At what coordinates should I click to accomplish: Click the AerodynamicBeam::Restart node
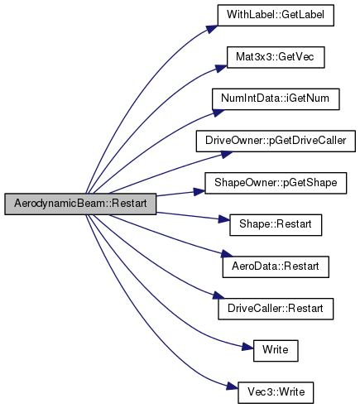pyautogui.click(x=80, y=204)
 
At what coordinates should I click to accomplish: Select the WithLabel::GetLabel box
pyautogui.click(x=276, y=15)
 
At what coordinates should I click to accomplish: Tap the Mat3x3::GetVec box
pyautogui.click(x=276, y=57)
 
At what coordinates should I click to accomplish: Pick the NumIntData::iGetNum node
pyautogui.click(x=276, y=99)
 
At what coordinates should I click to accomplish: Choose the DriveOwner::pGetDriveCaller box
pyautogui.click(x=276, y=141)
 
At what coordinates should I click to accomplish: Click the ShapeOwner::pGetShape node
pyautogui.click(x=276, y=183)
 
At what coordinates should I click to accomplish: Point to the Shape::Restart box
pyautogui.click(x=276, y=225)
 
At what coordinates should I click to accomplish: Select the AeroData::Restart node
pyautogui.click(x=276, y=267)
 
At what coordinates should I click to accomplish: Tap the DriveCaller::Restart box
pyautogui.click(x=276, y=309)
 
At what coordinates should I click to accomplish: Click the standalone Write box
pyautogui.click(x=276, y=351)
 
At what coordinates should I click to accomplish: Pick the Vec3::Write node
pyautogui.click(x=276, y=392)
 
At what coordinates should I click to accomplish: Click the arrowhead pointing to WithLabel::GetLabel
pyautogui.click(x=212, y=29)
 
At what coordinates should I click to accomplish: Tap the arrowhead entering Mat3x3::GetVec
pyautogui.click(x=221, y=68)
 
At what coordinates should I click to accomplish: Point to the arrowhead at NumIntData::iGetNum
pyautogui.click(x=218, y=113)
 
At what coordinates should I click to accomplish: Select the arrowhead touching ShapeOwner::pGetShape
pyautogui.click(x=199, y=191)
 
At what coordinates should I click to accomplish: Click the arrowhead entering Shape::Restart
pyautogui.click(x=224, y=219)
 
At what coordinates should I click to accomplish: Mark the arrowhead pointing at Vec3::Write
pyautogui.click(x=233, y=386)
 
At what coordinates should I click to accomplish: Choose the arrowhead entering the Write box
pyautogui.click(x=247, y=347)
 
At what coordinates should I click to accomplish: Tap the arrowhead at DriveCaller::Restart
pyautogui.click(x=218, y=295)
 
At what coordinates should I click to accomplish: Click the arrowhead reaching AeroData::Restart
pyautogui.click(x=227, y=253)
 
